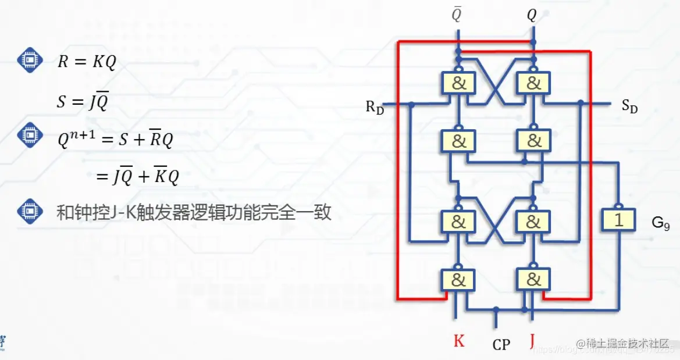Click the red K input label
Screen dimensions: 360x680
(x=459, y=341)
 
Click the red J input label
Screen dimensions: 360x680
(x=532, y=340)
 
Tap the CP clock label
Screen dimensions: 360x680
(x=501, y=345)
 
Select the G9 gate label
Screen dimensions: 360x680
(x=661, y=222)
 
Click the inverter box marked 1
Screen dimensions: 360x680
(x=619, y=220)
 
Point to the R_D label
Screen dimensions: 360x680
(x=375, y=108)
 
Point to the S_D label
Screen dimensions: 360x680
(x=629, y=106)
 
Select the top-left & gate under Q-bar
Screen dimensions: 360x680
(x=458, y=83)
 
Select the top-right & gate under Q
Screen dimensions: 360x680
(x=533, y=83)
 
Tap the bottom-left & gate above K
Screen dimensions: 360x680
(x=458, y=280)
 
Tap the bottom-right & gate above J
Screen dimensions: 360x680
(x=533, y=280)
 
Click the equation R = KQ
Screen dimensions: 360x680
(x=87, y=62)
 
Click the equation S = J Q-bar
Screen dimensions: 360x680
(x=83, y=102)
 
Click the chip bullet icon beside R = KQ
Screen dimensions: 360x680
(x=29, y=60)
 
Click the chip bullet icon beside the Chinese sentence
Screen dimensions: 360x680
(x=29, y=212)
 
